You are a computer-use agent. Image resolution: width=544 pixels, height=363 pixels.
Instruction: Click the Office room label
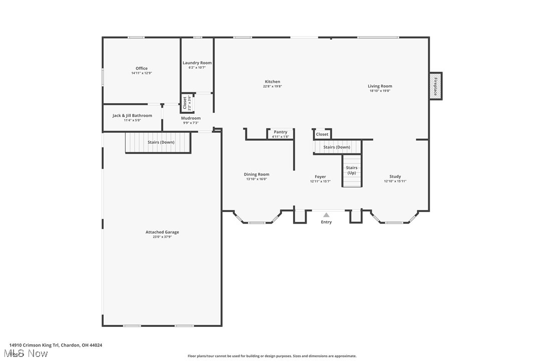pyautogui.click(x=142, y=69)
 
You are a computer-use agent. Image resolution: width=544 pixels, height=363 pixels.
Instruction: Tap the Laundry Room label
pyautogui.click(x=197, y=63)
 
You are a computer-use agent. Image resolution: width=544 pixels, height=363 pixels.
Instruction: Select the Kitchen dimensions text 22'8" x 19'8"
pyautogui.click(x=273, y=86)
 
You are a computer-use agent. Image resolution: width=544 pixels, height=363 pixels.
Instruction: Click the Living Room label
pyautogui.click(x=380, y=86)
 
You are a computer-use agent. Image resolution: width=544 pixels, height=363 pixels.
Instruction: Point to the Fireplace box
pyautogui.click(x=435, y=86)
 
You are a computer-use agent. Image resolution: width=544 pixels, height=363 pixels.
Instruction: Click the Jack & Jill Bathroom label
pyautogui.click(x=132, y=116)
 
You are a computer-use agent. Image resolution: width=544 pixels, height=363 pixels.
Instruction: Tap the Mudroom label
pyautogui.click(x=191, y=118)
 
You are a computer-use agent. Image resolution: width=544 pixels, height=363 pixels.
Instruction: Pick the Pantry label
pyautogui.click(x=281, y=132)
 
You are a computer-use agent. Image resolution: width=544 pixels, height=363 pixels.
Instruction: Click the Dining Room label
pyautogui.click(x=256, y=174)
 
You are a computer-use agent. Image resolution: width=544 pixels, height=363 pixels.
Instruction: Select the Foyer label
pyautogui.click(x=320, y=176)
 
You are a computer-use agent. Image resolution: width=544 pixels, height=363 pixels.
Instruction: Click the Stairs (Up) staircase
pyautogui.click(x=352, y=170)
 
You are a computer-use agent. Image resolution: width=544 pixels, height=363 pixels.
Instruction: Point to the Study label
pyautogui.click(x=395, y=176)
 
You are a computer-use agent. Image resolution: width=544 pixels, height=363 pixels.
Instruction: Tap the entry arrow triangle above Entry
pyautogui.click(x=326, y=215)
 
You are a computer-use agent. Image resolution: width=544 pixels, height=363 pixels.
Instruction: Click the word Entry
pyautogui.click(x=326, y=222)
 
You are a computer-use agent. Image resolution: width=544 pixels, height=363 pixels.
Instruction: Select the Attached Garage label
pyautogui.click(x=162, y=232)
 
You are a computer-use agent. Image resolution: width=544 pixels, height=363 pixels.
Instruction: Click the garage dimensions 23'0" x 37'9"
pyautogui.click(x=162, y=237)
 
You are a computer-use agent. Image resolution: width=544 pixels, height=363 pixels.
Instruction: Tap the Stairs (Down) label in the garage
pyautogui.click(x=161, y=142)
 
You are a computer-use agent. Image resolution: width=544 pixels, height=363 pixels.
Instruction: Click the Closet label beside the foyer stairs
pyautogui.click(x=322, y=134)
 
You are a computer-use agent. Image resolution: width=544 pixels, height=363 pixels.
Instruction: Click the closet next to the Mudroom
pyautogui.click(x=186, y=103)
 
